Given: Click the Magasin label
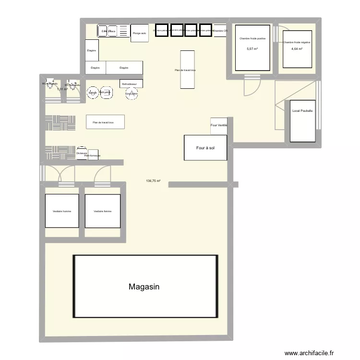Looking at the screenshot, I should tap(144, 287).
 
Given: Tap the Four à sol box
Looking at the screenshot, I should tap(205, 148).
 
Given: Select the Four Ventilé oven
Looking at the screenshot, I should tap(219, 126).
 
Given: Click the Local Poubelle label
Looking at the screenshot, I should tap(302, 111).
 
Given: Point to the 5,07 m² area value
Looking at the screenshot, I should tap(252, 49).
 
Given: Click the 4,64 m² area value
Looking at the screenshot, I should tap(297, 49).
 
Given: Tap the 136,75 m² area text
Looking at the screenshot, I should tap(154, 181).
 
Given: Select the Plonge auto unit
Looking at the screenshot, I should tap(140, 33).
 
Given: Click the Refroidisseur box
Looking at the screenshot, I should tap(131, 84).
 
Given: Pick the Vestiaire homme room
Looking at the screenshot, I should tap(62, 211).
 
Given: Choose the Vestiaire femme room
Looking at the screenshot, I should tap(102, 211).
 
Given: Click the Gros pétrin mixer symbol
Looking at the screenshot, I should tap(132, 94).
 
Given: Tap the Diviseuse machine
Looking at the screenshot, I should tap(82, 153).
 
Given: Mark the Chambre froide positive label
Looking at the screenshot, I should tap(252, 38).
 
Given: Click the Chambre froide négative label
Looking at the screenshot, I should tap(297, 42).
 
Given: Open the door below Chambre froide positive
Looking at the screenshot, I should tap(251, 86).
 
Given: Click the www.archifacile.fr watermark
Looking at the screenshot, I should tap(309, 353).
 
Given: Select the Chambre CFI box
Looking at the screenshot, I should tap(220, 30).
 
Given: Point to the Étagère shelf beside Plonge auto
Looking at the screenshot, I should tap(92, 50).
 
